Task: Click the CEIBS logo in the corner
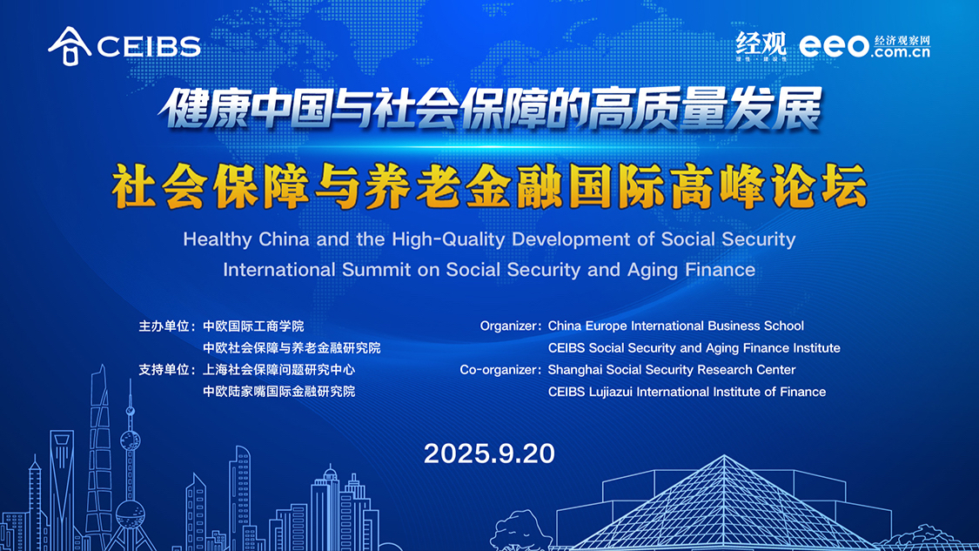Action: (124, 45)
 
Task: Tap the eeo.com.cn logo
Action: (865, 46)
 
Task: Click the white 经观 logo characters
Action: (761, 44)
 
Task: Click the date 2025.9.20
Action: (489, 454)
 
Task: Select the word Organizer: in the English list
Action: (510, 326)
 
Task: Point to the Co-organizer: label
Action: (500, 370)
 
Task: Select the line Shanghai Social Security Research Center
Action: (671, 370)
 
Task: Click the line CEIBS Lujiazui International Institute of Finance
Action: (687, 392)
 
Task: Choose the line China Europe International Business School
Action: (675, 326)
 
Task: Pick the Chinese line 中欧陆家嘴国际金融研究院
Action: (279, 392)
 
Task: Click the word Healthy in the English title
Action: (218, 240)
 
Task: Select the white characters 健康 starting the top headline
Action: (206, 109)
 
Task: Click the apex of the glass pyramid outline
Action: (724, 456)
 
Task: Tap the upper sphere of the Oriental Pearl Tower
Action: (131, 441)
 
